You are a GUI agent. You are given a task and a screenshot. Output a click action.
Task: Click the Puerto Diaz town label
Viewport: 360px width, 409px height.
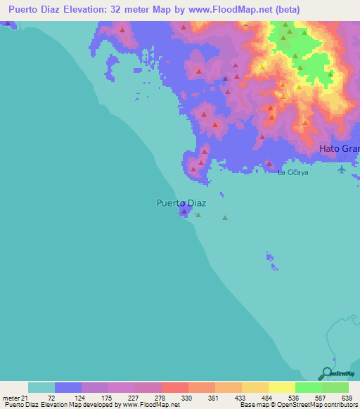181,203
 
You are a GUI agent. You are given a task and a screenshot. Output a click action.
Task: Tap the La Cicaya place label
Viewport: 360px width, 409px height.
292,172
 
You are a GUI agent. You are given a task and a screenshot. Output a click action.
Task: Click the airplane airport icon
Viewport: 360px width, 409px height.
342,169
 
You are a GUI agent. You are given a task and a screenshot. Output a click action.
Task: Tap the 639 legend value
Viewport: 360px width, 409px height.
346,398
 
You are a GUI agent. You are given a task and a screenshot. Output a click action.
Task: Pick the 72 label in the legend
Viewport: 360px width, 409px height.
51,398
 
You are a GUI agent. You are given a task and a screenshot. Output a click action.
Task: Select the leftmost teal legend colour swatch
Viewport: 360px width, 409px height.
41,387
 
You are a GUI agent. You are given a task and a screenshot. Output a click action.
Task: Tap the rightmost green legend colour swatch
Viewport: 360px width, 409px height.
335,387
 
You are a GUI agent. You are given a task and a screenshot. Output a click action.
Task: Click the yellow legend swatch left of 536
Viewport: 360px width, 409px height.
282,387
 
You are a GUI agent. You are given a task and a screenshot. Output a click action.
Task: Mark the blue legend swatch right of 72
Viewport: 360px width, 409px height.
68,387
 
